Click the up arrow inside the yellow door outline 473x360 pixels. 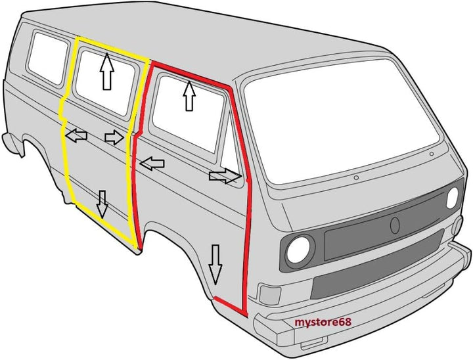(x=107, y=71)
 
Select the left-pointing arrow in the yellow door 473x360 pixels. (x=76, y=135)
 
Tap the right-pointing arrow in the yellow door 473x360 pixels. (x=114, y=137)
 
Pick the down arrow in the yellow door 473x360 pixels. (x=102, y=204)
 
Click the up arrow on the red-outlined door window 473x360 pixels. (x=189, y=96)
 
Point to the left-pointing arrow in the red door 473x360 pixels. (x=152, y=164)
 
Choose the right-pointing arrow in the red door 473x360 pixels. (x=225, y=176)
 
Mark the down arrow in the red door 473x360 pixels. (x=215, y=265)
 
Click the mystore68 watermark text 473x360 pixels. (x=323, y=322)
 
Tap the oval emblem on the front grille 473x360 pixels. (x=395, y=225)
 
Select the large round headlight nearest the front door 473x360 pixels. (x=298, y=250)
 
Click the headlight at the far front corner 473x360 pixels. (x=452, y=198)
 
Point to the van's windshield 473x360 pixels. (x=341, y=121)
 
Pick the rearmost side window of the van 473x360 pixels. (x=47, y=58)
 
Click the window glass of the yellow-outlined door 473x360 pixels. (x=105, y=83)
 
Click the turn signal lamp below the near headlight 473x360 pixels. (x=270, y=294)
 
